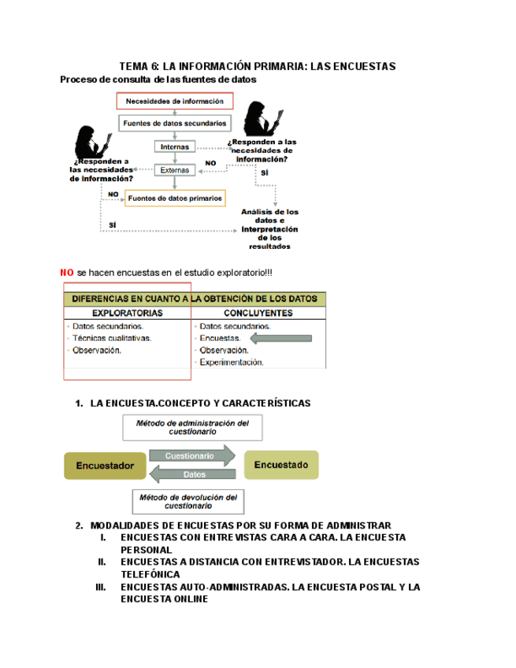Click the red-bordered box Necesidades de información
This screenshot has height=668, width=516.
tap(175, 101)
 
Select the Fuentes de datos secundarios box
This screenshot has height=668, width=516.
tap(175, 123)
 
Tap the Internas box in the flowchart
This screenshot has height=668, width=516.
tap(175, 147)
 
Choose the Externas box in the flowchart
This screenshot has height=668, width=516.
tap(175, 169)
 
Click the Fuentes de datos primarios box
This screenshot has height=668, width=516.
tap(175, 199)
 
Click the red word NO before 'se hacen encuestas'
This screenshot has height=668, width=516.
tap(67, 272)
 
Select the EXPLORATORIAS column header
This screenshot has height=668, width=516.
tap(127, 312)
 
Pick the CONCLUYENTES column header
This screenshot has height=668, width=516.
tap(258, 312)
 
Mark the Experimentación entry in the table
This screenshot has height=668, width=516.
tap(232, 362)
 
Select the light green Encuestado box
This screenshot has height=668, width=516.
tap(281, 464)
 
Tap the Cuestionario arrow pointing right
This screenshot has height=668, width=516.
tap(191, 455)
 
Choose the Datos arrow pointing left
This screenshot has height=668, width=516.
tap(192, 474)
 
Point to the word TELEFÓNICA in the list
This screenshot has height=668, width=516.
tap(152, 574)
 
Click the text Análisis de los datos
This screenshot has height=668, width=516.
tap(270, 216)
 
